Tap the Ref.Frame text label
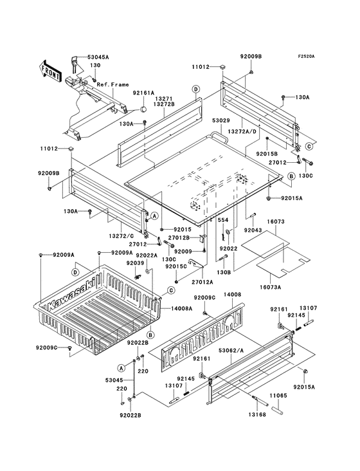point(113,85)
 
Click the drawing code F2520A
point(306,56)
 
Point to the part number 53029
point(221,121)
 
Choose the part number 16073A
point(270,287)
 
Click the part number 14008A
point(182,308)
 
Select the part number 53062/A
point(231,350)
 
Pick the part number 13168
point(256,414)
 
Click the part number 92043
point(253,230)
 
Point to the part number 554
point(223,220)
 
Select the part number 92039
point(135,263)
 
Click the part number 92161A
point(143,93)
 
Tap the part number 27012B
point(179,237)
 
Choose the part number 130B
point(224,273)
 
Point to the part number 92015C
point(176,266)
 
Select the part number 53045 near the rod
point(114,380)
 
